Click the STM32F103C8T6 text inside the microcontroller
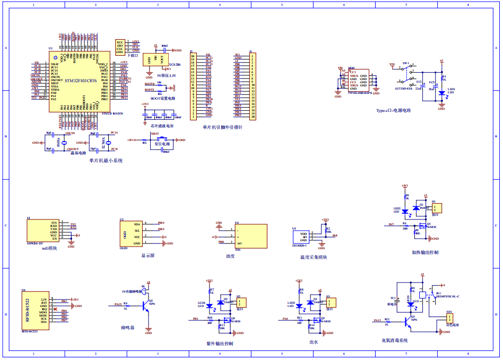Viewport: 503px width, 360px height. (x=80, y=80)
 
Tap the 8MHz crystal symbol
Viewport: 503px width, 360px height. (x=64, y=143)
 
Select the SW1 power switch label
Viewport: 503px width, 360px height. (x=405, y=63)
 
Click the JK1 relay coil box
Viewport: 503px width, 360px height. (x=423, y=295)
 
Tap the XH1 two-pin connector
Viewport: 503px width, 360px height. (x=449, y=319)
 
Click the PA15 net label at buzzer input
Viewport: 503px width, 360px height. (x=118, y=304)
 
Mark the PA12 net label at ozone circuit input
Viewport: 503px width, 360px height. (x=377, y=320)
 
